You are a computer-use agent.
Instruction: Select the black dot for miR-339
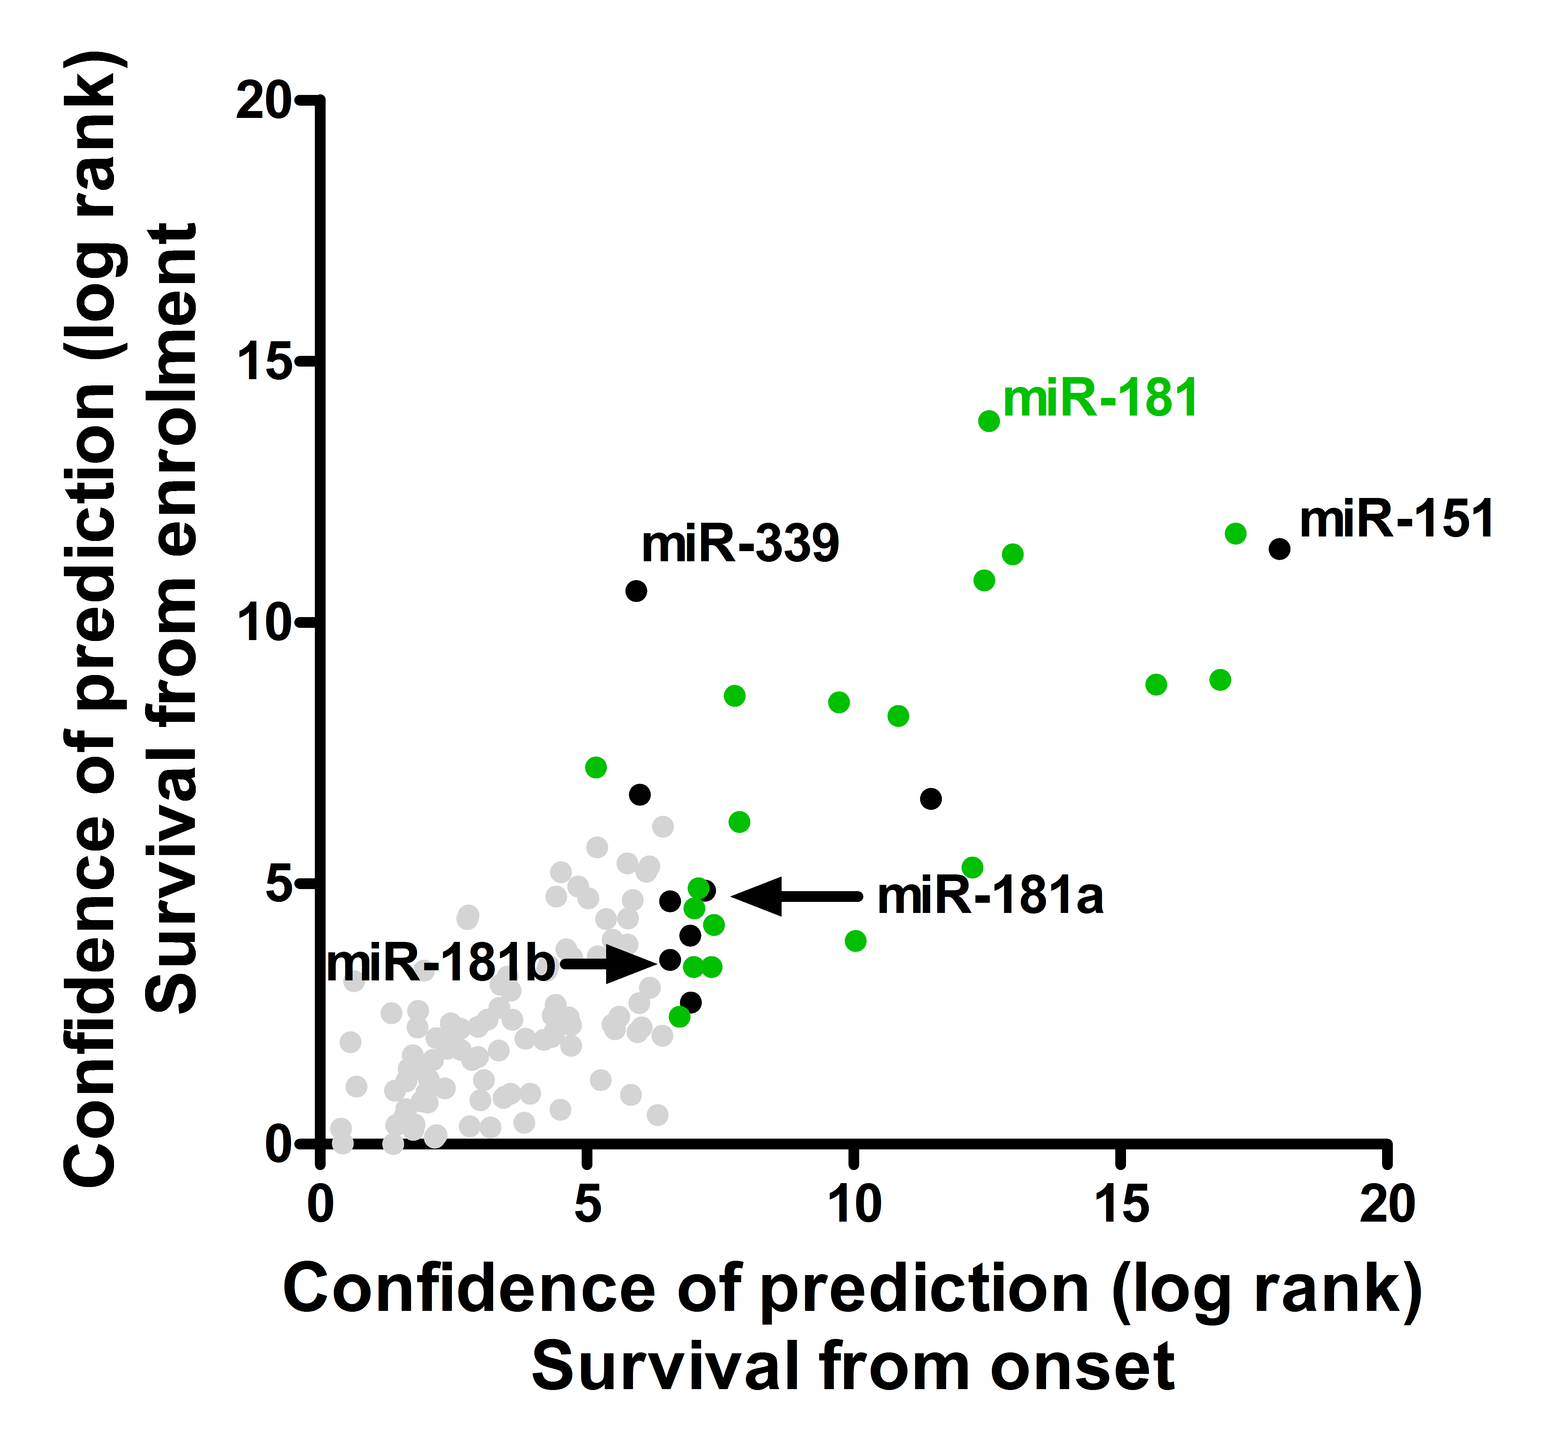(x=636, y=591)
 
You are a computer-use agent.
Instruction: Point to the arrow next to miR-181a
(x=796, y=896)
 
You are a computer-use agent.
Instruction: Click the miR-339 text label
(x=740, y=544)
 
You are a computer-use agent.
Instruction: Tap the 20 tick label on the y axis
(x=264, y=100)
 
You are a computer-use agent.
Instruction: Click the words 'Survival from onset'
(x=853, y=1367)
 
